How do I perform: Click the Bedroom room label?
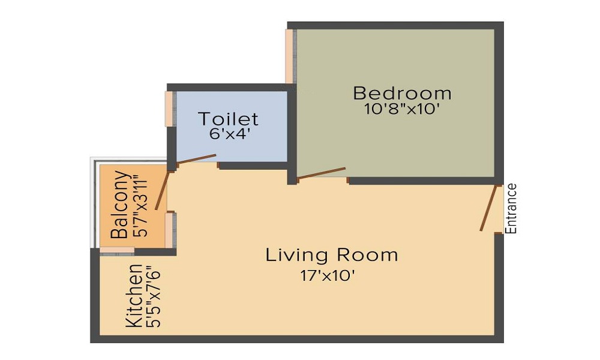pyautogui.click(x=402, y=94)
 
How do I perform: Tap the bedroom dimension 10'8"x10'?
pyautogui.click(x=402, y=110)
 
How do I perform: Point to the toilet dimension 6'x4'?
pyautogui.click(x=230, y=134)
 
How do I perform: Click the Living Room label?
pyautogui.click(x=332, y=255)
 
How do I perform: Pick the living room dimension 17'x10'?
pyautogui.click(x=332, y=275)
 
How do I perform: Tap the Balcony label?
pyautogui.click(x=120, y=205)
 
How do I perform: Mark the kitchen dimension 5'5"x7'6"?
pyautogui.click(x=155, y=297)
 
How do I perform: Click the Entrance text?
pyautogui.click(x=511, y=208)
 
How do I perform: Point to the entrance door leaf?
pyautogui.click(x=490, y=208)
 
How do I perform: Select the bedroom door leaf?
pyautogui.click(x=322, y=173)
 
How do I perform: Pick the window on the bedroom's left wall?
pyautogui.click(x=289, y=55)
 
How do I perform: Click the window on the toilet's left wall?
pyautogui.click(x=169, y=109)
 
